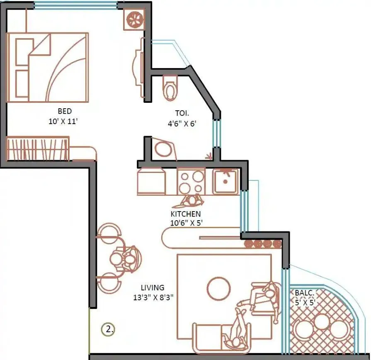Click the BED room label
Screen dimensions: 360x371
coord(65,111)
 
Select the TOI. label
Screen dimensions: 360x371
coord(182,113)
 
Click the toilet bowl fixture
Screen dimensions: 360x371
coord(170,87)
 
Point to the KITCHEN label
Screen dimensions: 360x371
coord(186,214)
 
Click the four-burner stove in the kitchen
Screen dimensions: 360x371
coord(191,181)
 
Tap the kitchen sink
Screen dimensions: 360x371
coord(226,181)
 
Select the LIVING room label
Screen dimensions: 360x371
coord(152,287)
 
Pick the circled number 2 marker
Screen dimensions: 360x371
coord(108,330)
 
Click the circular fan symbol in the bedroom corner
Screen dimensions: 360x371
coord(135,19)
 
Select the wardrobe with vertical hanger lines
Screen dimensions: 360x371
coord(38,148)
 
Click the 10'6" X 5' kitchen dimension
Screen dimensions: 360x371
coord(186,223)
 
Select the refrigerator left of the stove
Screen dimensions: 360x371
coord(151,181)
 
